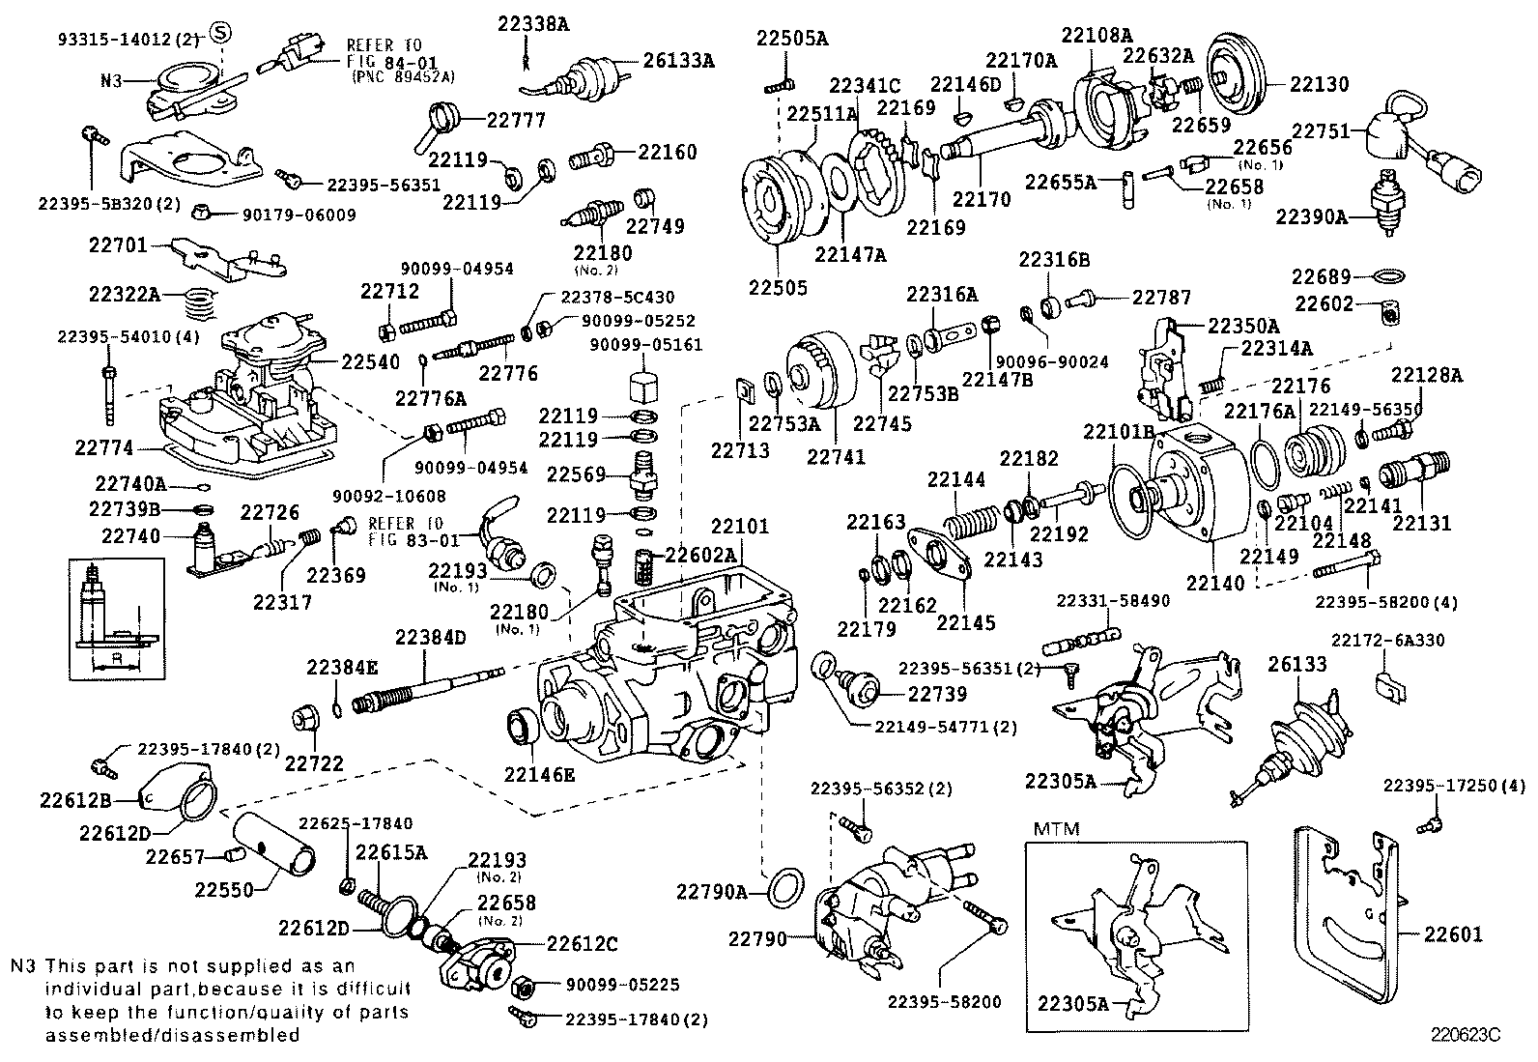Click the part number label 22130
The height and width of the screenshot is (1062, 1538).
pyautogui.click(x=1320, y=84)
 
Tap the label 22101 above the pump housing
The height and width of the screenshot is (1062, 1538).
pyautogui.click(x=740, y=527)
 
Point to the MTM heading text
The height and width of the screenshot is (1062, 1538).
pyautogui.click(x=1056, y=828)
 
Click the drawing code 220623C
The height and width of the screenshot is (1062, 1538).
pyautogui.click(x=1466, y=1033)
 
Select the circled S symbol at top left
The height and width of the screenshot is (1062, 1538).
pyautogui.click(x=220, y=34)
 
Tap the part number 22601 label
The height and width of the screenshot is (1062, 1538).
pyautogui.click(x=1453, y=934)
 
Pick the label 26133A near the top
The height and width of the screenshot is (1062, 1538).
pyautogui.click(x=679, y=60)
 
